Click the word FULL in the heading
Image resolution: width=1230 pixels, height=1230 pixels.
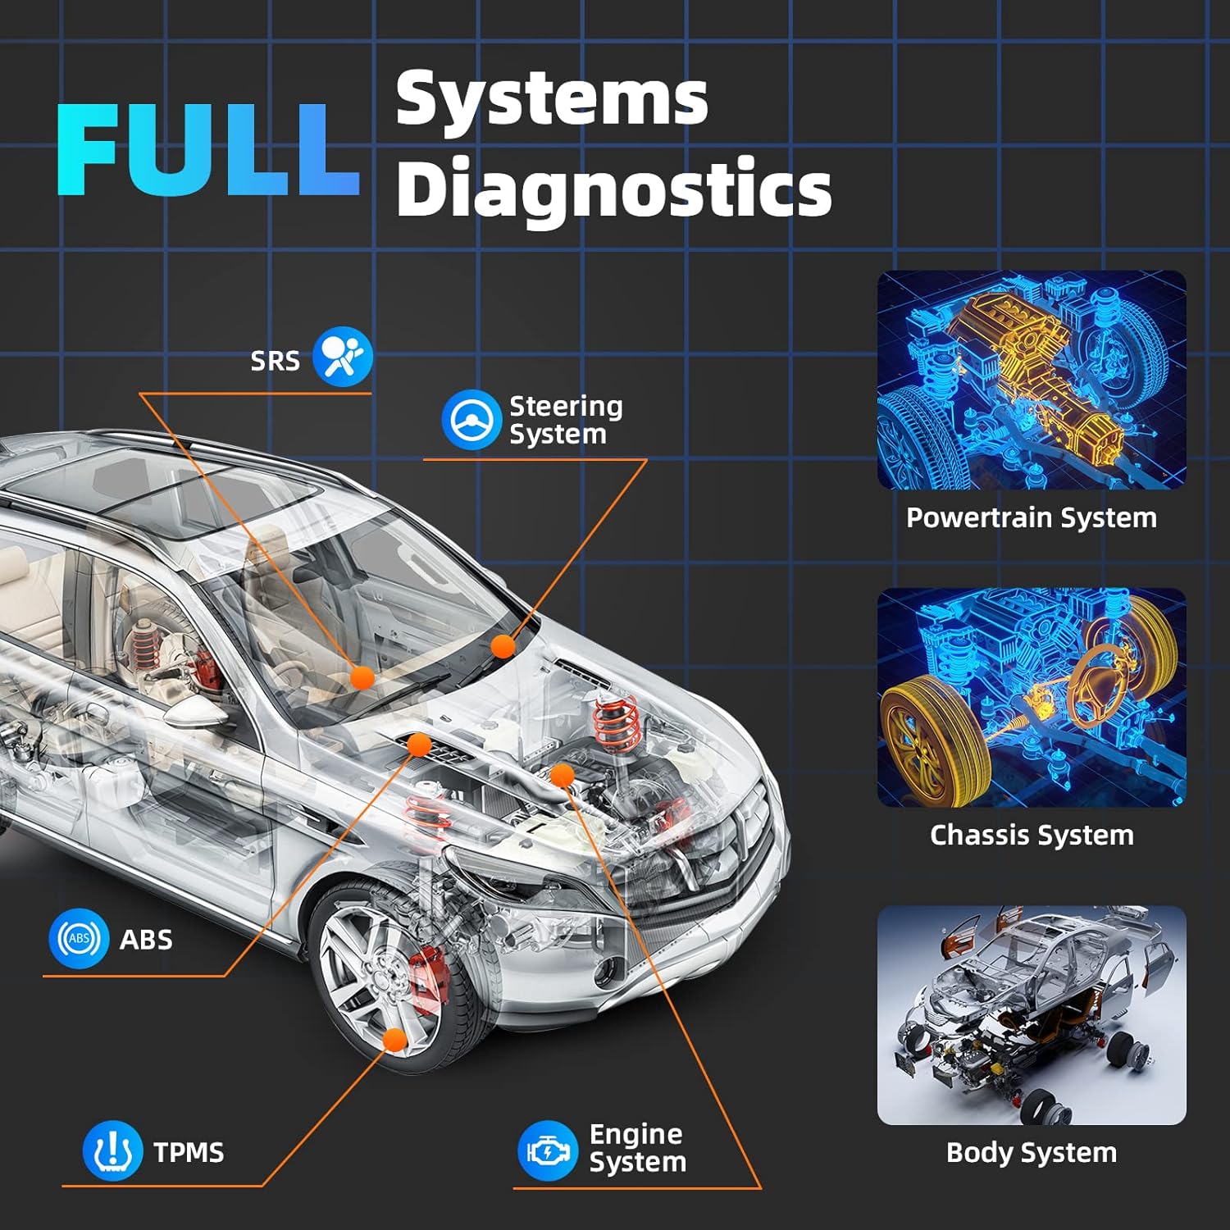pos(208,150)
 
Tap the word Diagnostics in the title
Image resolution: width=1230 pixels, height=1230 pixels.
pos(613,189)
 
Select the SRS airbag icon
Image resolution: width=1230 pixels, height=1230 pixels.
pos(343,356)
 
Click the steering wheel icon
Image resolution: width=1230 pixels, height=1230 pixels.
pos(471,420)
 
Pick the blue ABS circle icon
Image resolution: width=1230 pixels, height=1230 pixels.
pos(79,939)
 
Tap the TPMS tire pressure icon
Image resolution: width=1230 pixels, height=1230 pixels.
pos(113,1151)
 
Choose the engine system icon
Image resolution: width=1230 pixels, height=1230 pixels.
pos(548,1151)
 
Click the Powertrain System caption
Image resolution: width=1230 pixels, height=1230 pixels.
pos(1032,517)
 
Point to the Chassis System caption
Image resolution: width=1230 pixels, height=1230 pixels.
pos(1032,835)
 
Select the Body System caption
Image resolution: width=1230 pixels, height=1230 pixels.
pos(1032,1152)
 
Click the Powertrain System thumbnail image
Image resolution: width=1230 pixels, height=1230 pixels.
pos(1032,380)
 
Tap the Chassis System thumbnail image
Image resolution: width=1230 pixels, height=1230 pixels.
pos(1032,697)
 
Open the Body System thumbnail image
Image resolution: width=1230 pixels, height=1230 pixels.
pos(1032,1015)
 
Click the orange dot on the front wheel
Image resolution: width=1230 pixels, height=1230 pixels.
pos(395,1040)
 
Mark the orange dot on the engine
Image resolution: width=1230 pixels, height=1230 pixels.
pos(562,775)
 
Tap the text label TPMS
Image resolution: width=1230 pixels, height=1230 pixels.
pos(189,1152)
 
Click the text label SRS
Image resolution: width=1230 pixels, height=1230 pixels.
pos(276,361)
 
